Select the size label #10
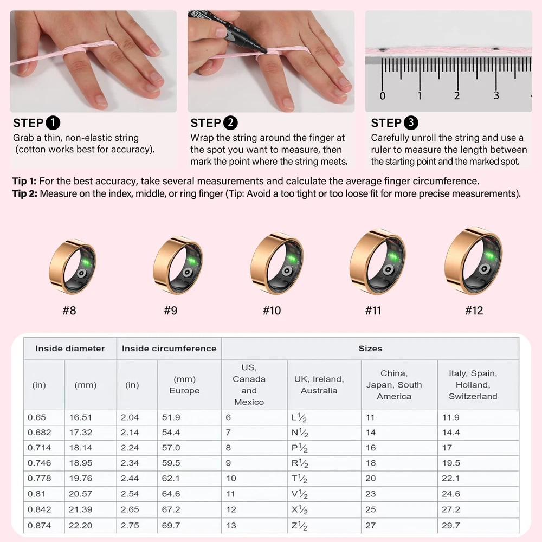click(272, 311)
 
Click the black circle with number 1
click(53, 122)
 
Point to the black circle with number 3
click(411, 122)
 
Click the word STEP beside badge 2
click(205, 123)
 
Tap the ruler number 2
click(457, 95)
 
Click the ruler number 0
click(382, 96)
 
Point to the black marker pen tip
click(265, 51)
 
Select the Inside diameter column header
click(70, 349)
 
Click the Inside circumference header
click(169, 349)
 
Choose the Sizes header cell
click(370, 349)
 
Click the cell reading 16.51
click(81, 417)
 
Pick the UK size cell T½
click(299, 479)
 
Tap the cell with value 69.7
click(171, 526)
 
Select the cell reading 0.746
click(39, 463)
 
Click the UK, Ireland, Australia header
click(319, 385)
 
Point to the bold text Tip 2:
click(24, 193)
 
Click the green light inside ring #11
click(393, 256)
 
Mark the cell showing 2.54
click(130, 494)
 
